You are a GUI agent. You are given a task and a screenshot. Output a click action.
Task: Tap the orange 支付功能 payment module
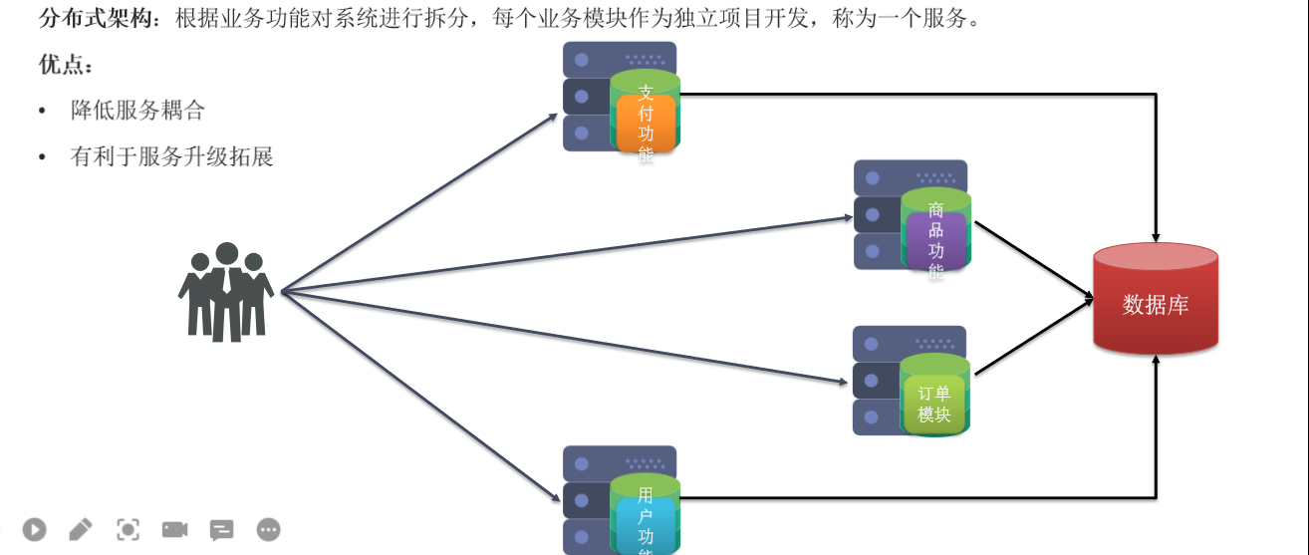tap(646, 123)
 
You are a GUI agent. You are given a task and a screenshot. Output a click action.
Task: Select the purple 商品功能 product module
tap(935, 238)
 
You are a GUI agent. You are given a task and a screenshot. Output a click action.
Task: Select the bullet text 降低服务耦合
tap(137, 111)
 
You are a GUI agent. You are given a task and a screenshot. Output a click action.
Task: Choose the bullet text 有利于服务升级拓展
tap(171, 156)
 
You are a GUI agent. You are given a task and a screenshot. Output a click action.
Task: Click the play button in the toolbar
tap(35, 530)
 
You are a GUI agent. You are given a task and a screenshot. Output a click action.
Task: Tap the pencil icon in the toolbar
tap(81, 530)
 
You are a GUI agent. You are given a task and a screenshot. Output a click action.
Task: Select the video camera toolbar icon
tap(174, 530)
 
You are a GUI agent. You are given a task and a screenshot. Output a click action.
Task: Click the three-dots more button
tap(268, 530)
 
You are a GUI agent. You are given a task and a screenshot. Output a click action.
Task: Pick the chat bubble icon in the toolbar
tap(221, 530)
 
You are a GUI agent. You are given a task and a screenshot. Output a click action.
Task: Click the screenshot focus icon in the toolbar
tap(128, 530)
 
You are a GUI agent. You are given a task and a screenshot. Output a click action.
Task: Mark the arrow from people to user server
tap(418, 395)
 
